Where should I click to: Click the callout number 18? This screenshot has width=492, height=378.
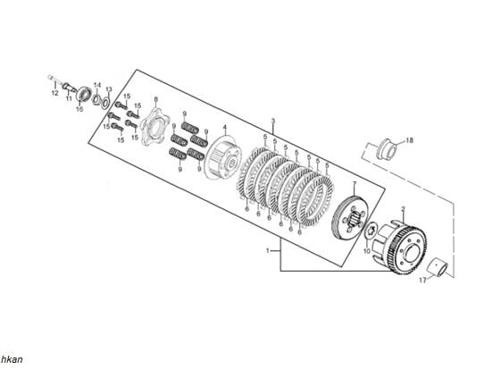coord(410,140)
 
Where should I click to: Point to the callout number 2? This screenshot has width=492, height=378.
coord(403,209)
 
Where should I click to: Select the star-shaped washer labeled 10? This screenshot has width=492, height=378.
coord(371,231)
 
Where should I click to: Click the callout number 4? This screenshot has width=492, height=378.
coord(225,128)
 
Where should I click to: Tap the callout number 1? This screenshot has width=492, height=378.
coord(267,252)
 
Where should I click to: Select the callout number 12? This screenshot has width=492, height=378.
coord(54,92)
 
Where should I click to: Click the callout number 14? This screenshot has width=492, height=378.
coord(97,84)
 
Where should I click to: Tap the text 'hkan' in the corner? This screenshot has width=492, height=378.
coord(12,359)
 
